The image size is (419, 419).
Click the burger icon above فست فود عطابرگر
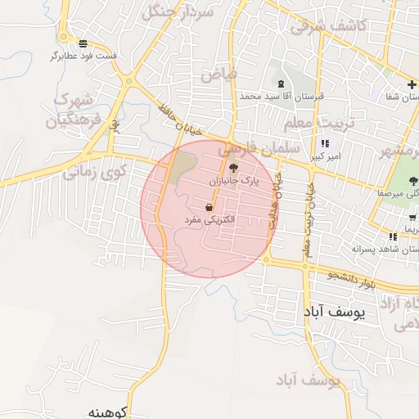[x=83, y=43]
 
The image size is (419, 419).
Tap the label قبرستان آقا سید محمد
[x=282, y=96]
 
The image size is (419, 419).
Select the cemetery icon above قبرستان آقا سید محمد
[x=282, y=84]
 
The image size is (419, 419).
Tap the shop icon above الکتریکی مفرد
[x=210, y=208]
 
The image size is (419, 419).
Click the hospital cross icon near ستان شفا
[x=412, y=85]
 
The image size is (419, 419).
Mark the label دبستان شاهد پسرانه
[x=380, y=248]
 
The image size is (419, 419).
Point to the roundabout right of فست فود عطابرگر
[x=128, y=80]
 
